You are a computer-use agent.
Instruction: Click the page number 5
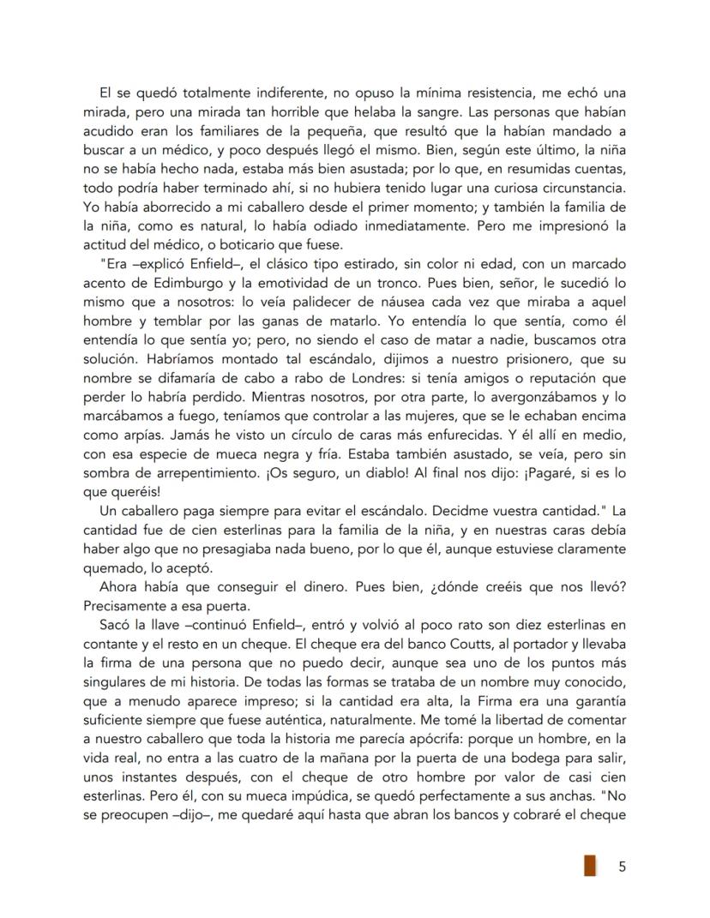tap(622, 867)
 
